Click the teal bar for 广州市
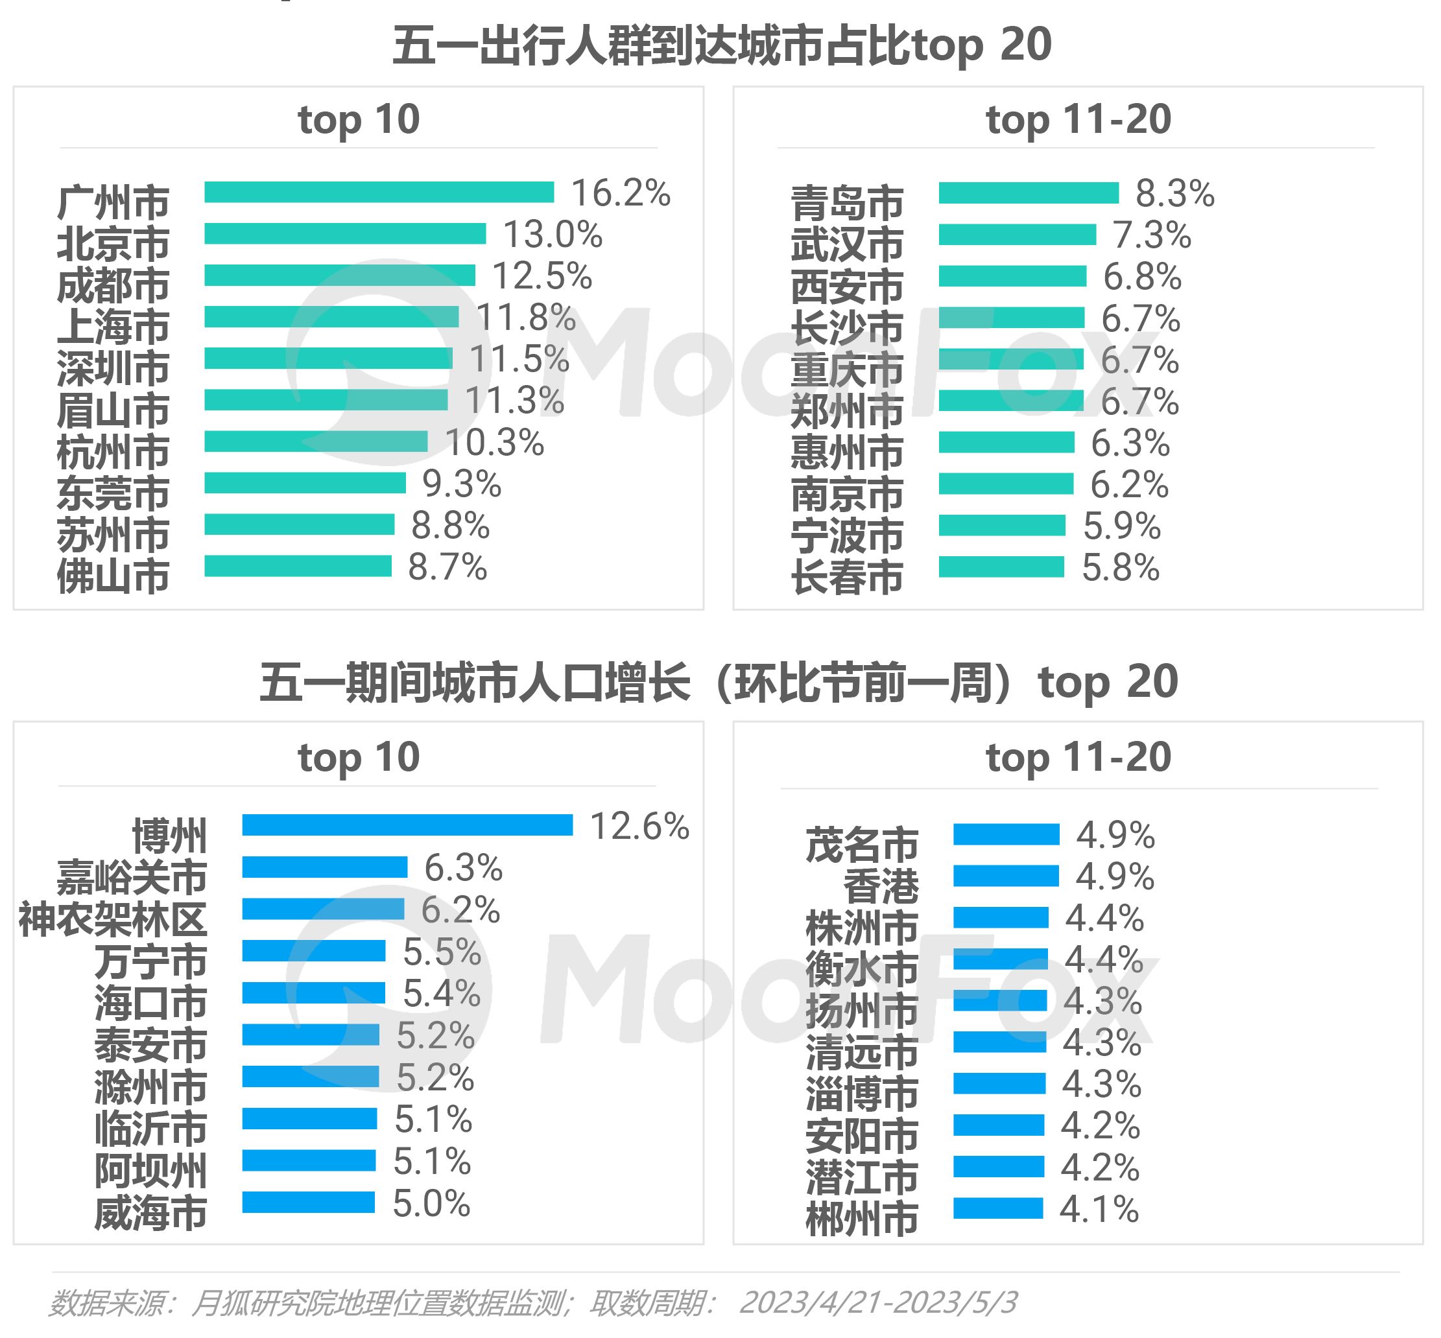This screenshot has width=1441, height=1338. point(379,192)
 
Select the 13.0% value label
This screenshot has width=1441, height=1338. point(553,235)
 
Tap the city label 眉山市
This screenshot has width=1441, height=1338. point(113,410)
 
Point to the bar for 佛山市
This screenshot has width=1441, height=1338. point(298,566)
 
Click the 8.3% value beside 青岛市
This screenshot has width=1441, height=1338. point(1174,193)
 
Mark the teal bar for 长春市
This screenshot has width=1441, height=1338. point(1001,567)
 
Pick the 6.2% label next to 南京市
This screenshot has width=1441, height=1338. point(1129,484)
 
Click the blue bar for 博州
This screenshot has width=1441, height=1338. point(407,825)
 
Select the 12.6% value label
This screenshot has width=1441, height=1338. point(639,826)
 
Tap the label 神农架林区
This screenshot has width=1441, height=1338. point(113,919)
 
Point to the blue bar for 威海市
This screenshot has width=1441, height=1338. point(309,1202)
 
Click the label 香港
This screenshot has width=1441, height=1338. point(881,886)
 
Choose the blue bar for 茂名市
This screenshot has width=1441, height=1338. point(1006,834)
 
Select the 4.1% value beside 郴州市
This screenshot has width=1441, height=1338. point(1099,1209)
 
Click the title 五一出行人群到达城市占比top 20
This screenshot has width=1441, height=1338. point(721,45)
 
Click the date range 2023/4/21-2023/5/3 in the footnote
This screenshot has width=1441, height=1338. point(877,1302)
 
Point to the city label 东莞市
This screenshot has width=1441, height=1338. point(113,494)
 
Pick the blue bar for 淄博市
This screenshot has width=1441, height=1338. point(999,1083)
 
